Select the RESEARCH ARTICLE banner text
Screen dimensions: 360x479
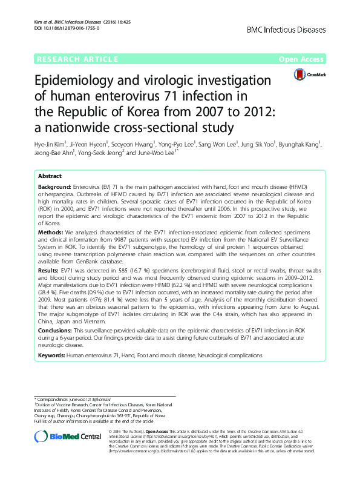[x=77, y=59]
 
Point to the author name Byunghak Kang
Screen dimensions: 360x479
[x=302, y=144]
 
